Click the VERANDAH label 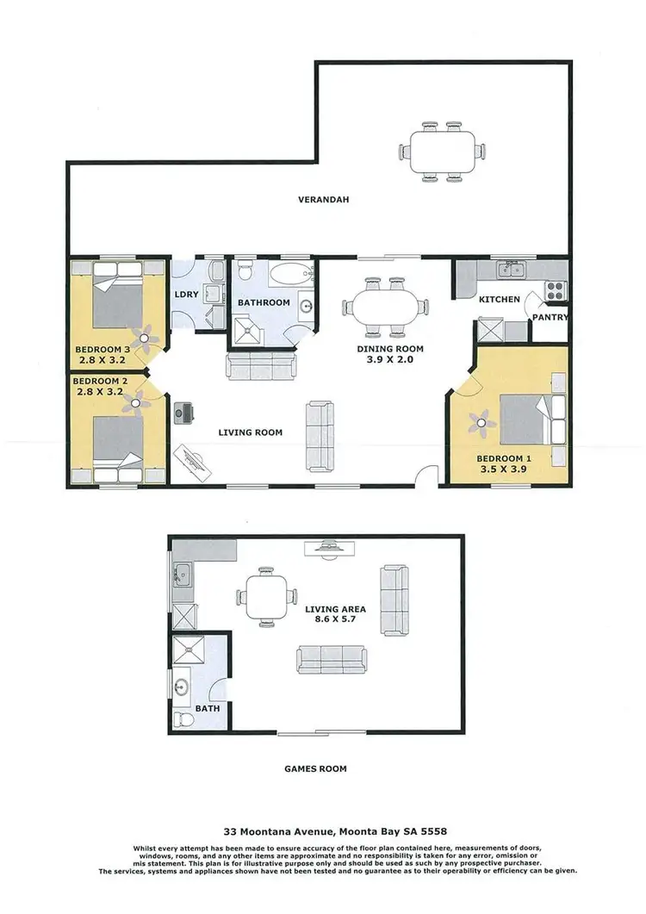point(317,199)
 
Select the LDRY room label point(187,295)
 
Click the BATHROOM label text point(264,302)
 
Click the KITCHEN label point(500,300)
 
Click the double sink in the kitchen point(513,270)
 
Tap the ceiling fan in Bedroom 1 point(479,420)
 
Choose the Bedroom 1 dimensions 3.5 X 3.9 point(502,470)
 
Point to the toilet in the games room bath point(182,718)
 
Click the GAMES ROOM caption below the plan point(316,768)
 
